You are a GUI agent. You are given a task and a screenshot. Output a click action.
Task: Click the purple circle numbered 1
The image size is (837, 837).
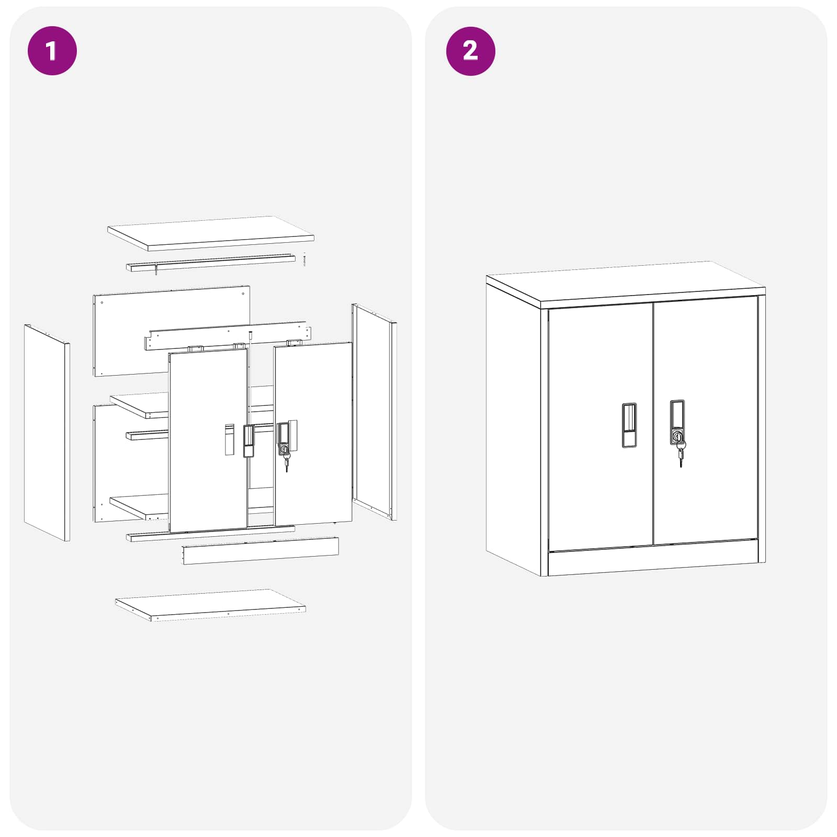pos(52,51)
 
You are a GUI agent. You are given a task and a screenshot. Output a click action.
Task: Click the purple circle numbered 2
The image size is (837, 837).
pos(470,51)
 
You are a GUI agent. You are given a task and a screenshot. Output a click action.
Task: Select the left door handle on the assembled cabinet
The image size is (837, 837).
pos(629,425)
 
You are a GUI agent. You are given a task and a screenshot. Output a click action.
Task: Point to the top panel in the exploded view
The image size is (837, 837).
pos(210,232)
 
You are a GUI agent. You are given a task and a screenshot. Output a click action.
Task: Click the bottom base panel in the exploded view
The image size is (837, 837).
pos(210,605)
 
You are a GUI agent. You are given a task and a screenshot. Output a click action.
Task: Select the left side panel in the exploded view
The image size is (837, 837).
pos(46,432)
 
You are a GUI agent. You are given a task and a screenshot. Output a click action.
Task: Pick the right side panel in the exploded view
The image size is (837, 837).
pos(374,411)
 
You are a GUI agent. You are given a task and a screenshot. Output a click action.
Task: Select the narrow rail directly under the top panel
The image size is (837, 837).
pos(210,263)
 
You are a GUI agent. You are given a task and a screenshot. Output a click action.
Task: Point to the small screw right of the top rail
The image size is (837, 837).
pos(304,259)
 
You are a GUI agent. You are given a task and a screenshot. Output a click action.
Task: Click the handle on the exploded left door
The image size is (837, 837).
pos(248,441)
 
